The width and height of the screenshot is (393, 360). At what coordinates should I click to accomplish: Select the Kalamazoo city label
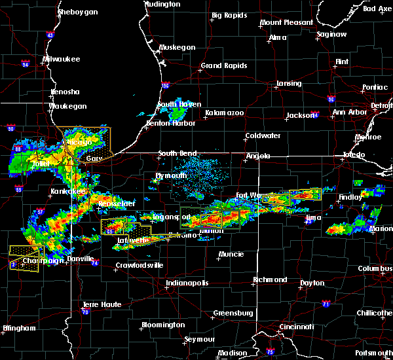click(x=224, y=113)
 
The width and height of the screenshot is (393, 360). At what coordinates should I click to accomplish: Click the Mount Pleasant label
click(x=286, y=22)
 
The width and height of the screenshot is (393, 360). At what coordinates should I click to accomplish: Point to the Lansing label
click(x=288, y=83)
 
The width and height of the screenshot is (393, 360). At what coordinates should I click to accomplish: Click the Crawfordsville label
click(x=138, y=265)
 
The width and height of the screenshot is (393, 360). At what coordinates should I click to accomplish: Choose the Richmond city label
click(x=270, y=279)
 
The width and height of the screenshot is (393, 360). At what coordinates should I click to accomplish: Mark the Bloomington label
click(x=163, y=325)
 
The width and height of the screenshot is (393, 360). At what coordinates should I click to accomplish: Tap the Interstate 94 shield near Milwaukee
click(x=25, y=64)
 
